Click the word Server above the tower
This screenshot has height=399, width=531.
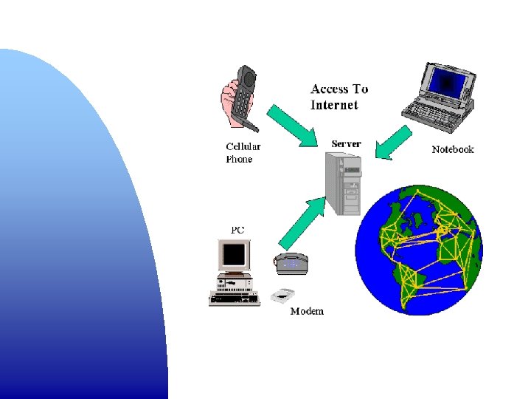[x=346, y=143]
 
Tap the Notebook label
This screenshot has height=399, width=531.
[x=452, y=149]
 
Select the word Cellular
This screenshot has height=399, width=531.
[x=243, y=146]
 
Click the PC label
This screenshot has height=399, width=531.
[x=237, y=230]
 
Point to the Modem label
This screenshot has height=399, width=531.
[x=307, y=311]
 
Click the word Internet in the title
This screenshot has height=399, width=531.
[x=334, y=105]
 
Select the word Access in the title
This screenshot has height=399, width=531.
[x=329, y=89]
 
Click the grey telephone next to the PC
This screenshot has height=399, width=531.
[x=291, y=263]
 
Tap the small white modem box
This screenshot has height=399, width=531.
[x=282, y=295]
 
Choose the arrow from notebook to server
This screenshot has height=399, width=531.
[x=393, y=142]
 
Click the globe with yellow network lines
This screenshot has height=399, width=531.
[x=418, y=250]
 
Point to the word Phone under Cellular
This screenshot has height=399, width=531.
[x=239, y=159]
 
